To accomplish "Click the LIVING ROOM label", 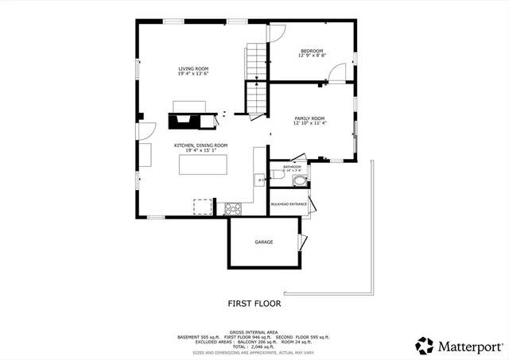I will [x=193, y=69].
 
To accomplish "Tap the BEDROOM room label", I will [x=312, y=51].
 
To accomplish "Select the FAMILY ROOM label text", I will [x=309, y=118].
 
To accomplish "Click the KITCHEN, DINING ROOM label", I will [x=201, y=145].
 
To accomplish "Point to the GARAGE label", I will [x=264, y=242].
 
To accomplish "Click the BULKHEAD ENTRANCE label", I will [x=289, y=204].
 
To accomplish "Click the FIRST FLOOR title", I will [x=254, y=303].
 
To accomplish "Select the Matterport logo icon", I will [x=425, y=346].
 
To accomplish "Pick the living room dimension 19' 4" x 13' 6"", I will [x=193, y=75].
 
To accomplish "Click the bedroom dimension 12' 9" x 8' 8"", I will [x=312, y=56].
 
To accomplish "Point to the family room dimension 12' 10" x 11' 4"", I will [x=309, y=123].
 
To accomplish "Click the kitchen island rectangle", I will [x=203, y=165].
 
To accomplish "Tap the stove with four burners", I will [x=233, y=210].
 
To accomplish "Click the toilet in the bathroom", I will [x=299, y=180].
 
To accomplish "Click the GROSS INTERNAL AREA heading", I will [x=254, y=331].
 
